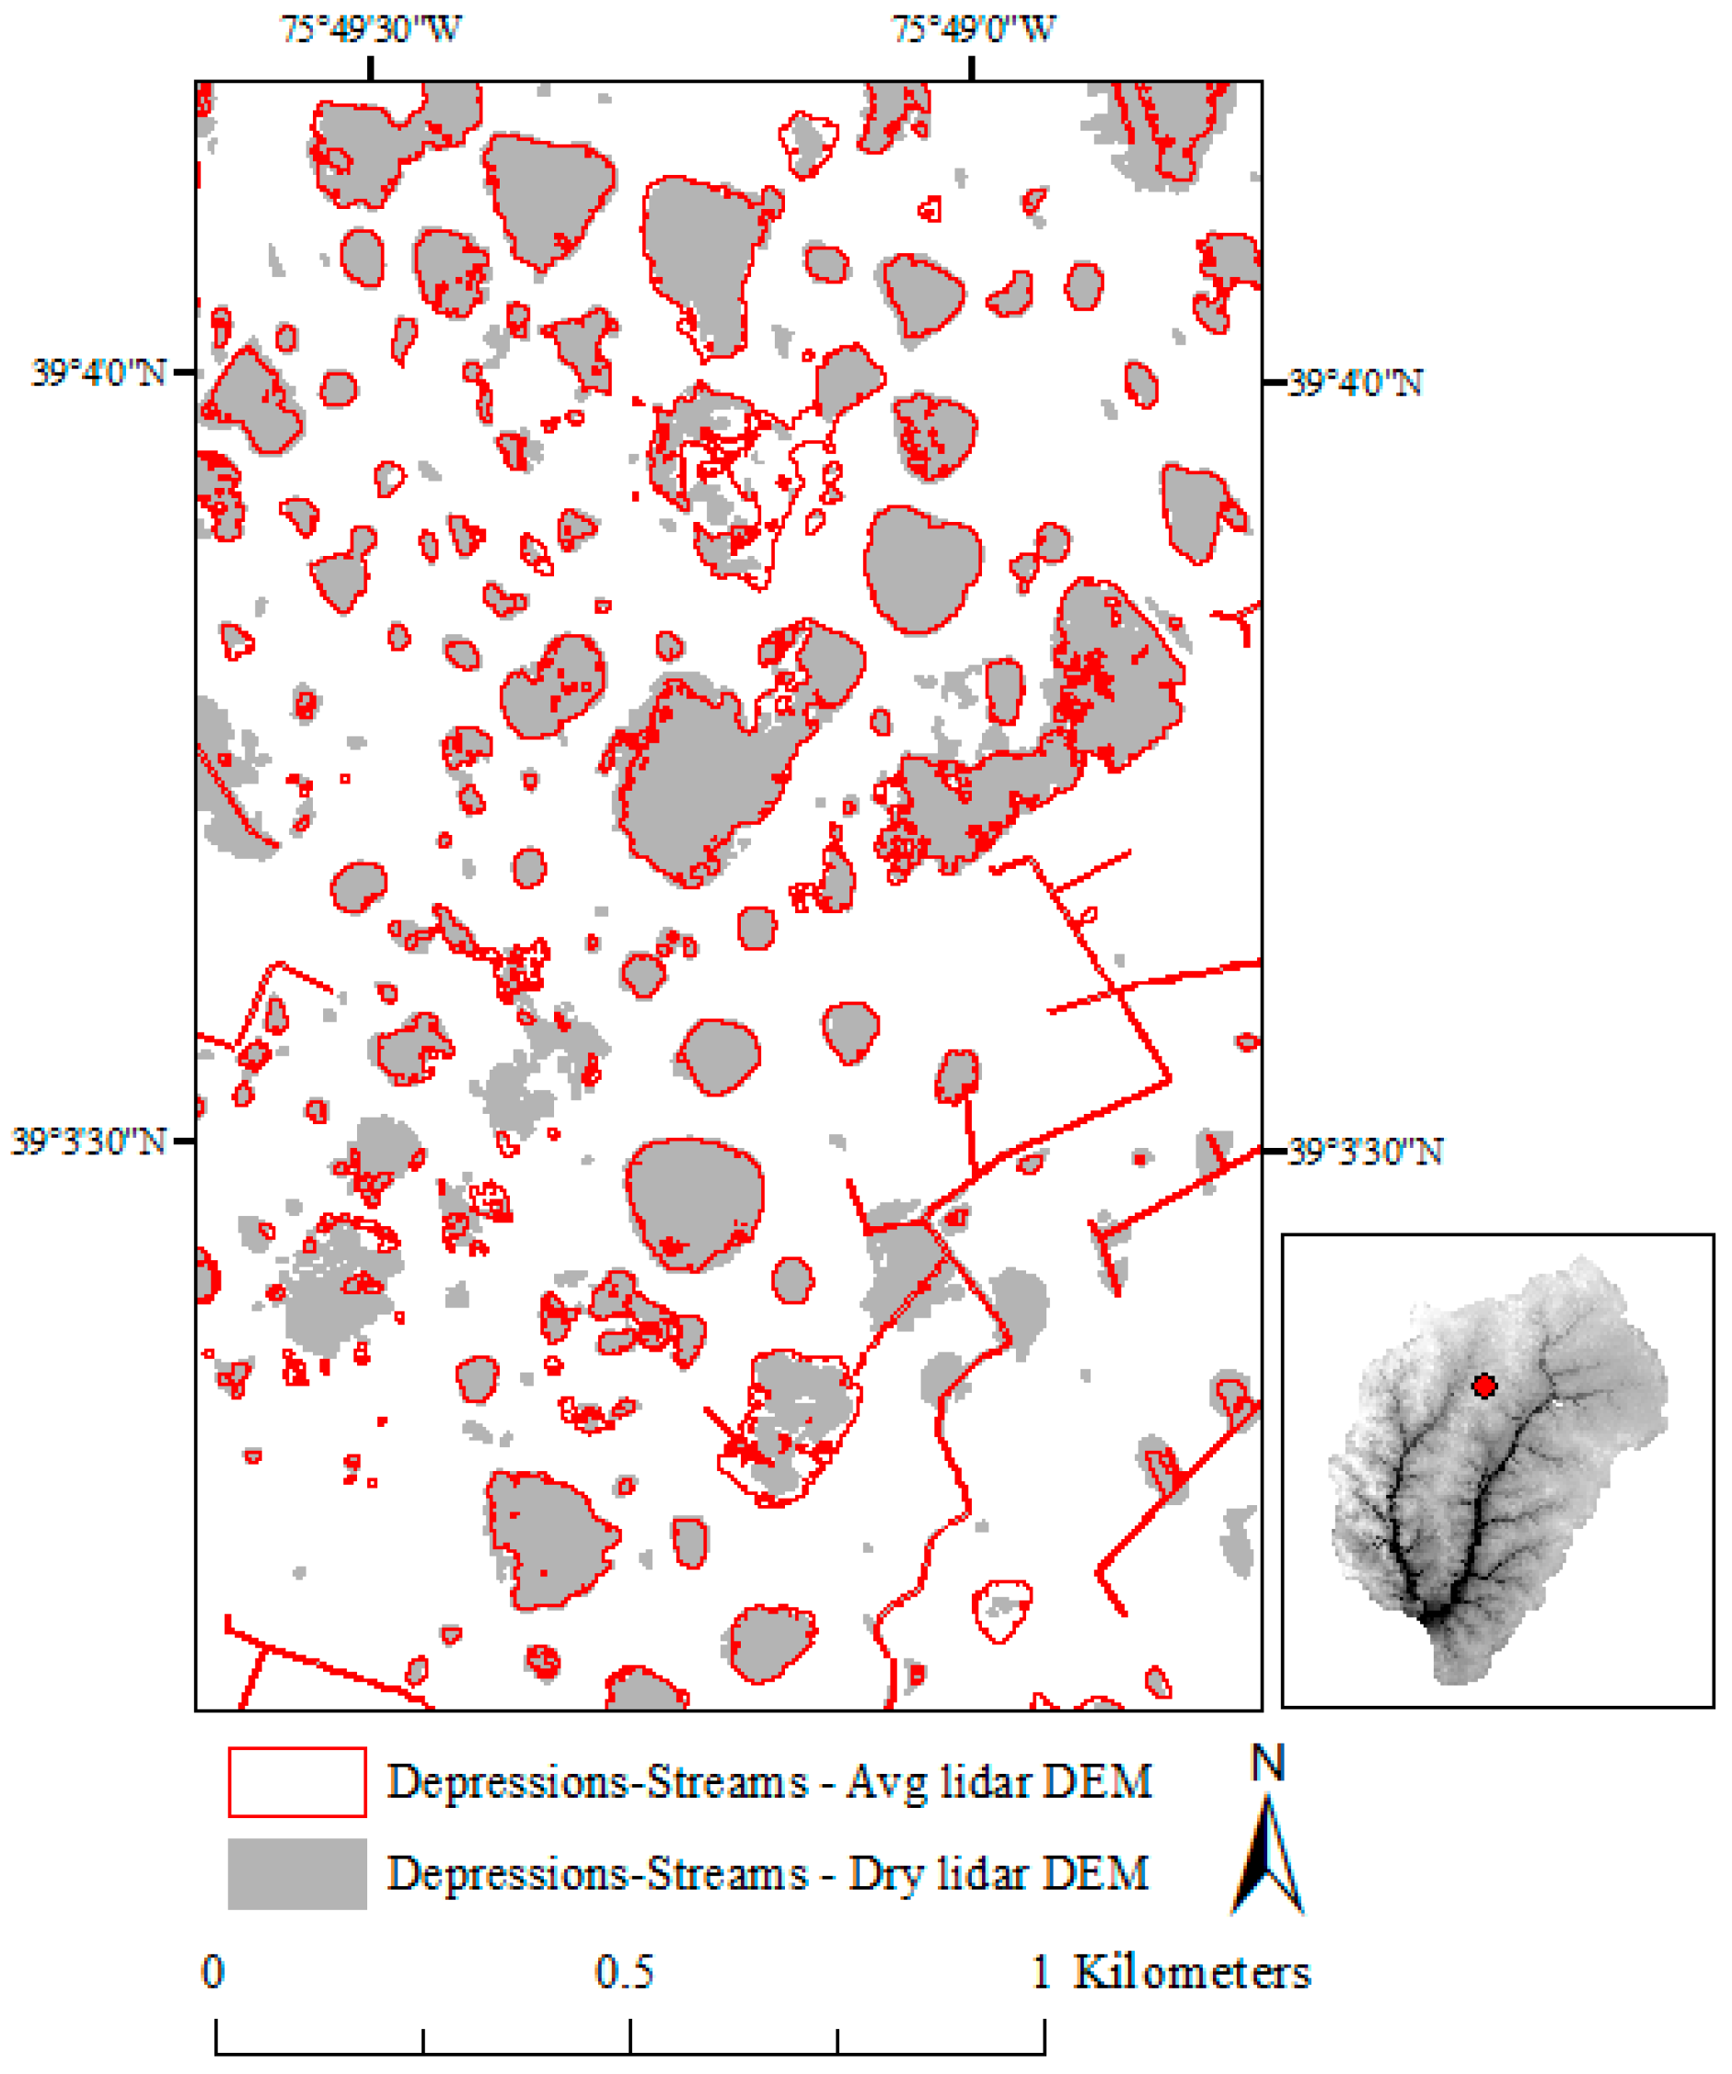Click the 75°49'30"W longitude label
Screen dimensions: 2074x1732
pyautogui.click(x=370, y=29)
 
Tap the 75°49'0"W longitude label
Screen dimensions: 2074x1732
pyautogui.click(x=974, y=29)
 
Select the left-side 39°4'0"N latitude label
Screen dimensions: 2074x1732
pyautogui.click(x=98, y=374)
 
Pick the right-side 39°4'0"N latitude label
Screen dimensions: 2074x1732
pyautogui.click(x=1355, y=383)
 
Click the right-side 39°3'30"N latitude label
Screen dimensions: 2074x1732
pyautogui.click(x=1366, y=1152)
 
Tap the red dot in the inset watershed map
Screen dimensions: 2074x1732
pyautogui.click(x=1484, y=1385)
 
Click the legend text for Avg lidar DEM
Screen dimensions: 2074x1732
pyautogui.click(x=768, y=1783)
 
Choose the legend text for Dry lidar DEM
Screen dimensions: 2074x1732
pyautogui.click(x=768, y=1873)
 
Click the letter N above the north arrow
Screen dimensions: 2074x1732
pyautogui.click(x=1268, y=1764)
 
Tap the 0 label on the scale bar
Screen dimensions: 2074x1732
pyautogui.click(x=214, y=1972)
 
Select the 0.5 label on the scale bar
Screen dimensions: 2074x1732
pyautogui.click(x=624, y=1972)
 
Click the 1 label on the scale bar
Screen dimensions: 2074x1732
pyautogui.click(x=1041, y=1972)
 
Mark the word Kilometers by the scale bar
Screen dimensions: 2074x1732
pyautogui.click(x=1192, y=1972)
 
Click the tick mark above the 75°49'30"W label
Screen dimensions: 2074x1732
pyautogui.click(x=370, y=68)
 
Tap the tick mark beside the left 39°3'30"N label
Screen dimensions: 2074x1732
pyautogui.click(x=184, y=1141)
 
